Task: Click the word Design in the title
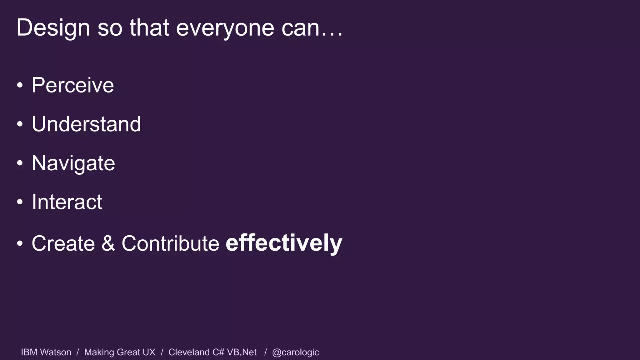[x=53, y=27]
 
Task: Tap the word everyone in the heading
[x=225, y=27]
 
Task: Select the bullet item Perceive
[x=73, y=85]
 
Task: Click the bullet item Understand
[x=86, y=124]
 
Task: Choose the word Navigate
[x=73, y=163]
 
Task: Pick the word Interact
[x=67, y=202]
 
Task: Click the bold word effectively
[x=284, y=243]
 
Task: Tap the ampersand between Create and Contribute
[x=108, y=243]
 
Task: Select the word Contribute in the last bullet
[x=170, y=243]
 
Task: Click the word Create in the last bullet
[x=63, y=243]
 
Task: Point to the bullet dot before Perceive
[x=20, y=85]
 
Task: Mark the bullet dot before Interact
[x=20, y=202]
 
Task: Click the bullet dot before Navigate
[x=20, y=163]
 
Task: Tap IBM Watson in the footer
[x=46, y=352]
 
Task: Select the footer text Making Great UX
[x=120, y=352]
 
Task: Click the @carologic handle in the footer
[x=295, y=352]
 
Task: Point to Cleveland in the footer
[x=189, y=352]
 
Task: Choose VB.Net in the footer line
[x=242, y=352]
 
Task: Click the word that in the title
[x=149, y=27]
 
